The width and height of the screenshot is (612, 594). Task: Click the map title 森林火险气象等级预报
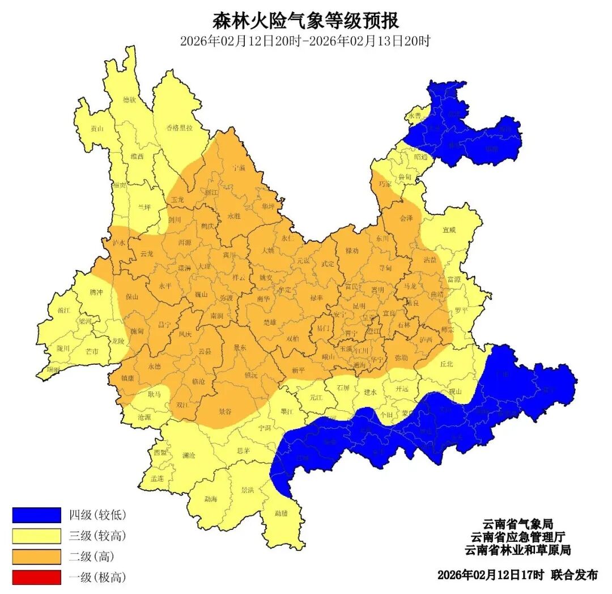tap(305, 21)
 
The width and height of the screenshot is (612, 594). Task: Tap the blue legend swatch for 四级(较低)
tap(36, 515)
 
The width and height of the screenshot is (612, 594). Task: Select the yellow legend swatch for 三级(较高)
tap(36, 536)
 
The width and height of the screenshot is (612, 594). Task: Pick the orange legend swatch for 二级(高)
tap(36, 557)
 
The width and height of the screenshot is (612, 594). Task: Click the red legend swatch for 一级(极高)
tap(36, 578)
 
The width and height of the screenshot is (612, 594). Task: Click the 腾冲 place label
tap(96, 293)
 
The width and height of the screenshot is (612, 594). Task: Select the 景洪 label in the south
tap(247, 490)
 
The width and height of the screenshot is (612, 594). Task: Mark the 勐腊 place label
tap(281, 513)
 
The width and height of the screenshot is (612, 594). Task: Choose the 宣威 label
tap(449, 230)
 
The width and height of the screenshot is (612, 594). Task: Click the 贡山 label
tap(97, 129)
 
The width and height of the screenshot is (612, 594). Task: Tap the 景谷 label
tap(225, 412)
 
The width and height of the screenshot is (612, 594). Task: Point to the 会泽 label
tap(406, 218)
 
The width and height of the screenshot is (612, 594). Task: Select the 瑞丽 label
tap(53, 369)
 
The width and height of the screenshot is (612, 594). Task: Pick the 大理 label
tap(204, 266)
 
